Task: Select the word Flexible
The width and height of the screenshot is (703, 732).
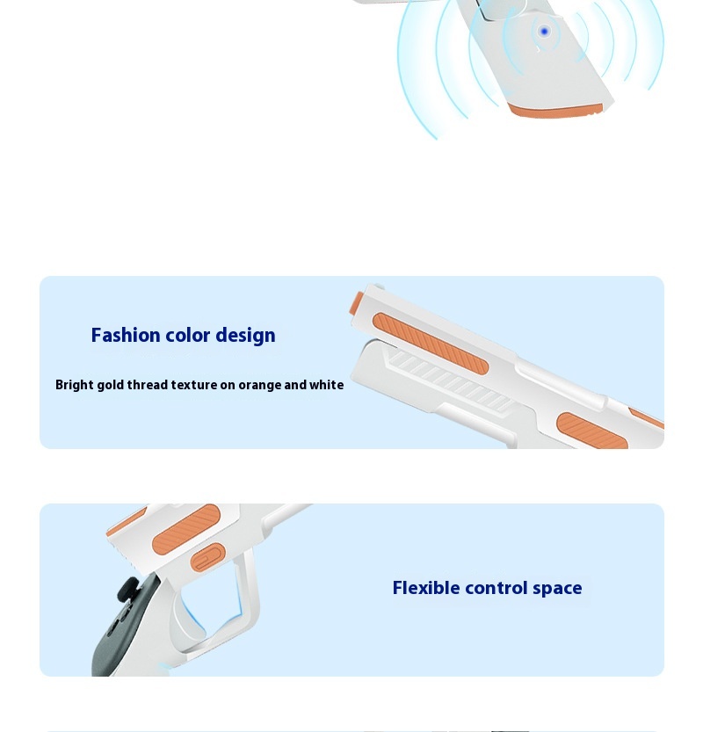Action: pyautogui.click(x=426, y=588)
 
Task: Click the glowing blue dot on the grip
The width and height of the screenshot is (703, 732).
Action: pyautogui.click(x=544, y=32)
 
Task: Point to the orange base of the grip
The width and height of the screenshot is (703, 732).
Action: pyautogui.click(x=555, y=111)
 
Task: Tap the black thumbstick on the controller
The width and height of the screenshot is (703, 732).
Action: pyautogui.click(x=127, y=589)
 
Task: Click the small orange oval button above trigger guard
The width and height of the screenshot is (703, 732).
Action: pyautogui.click(x=208, y=557)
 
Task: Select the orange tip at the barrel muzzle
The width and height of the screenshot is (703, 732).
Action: pyautogui.click(x=357, y=303)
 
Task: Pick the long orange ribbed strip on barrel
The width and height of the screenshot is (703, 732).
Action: pyautogui.click(x=431, y=344)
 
